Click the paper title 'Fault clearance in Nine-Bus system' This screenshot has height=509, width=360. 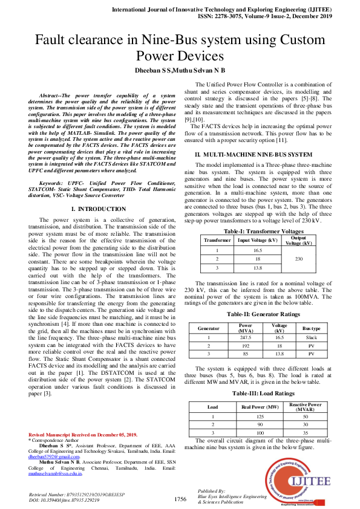click(x=180, y=41)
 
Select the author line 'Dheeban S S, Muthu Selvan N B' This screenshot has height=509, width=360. click(x=180, y=71)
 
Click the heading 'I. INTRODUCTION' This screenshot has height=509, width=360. click(x=98, y=209)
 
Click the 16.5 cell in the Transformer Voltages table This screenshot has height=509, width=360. click(x=257, y=250)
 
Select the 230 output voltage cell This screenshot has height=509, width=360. click(x=298, y=258)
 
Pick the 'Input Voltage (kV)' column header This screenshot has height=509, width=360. click(x=257, y=240)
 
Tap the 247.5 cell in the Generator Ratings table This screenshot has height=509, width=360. click(x=246, y=337)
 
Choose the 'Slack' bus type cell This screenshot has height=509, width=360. click(x=311, y=337)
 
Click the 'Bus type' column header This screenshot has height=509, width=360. click(x=311, y=328)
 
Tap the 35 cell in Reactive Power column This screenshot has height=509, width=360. click(x=305, y=433)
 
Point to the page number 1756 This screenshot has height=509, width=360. click(x=180, y=499)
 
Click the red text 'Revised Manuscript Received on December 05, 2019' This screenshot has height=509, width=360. click(x=83, y=435)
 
